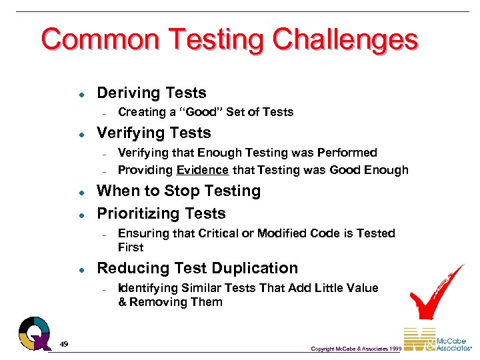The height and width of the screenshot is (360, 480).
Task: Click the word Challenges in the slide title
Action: click(344, 39)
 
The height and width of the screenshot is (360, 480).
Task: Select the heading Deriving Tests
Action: click(151, 93)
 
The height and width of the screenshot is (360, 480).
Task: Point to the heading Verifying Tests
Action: click(153, 133)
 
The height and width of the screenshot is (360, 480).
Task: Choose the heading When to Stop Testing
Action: click(179, 191)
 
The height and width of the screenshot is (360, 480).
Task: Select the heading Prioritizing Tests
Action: click(161, 213)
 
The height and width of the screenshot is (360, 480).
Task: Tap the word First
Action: click(131, 247)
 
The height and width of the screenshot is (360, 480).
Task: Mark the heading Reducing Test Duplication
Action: click(197, 268)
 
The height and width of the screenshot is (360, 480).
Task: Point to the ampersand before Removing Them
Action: click(122, 302)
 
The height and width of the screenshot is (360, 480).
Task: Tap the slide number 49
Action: click(63, 343)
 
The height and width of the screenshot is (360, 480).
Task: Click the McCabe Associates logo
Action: click(437, 340)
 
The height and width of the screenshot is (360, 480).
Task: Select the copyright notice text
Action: click(355, 349)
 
